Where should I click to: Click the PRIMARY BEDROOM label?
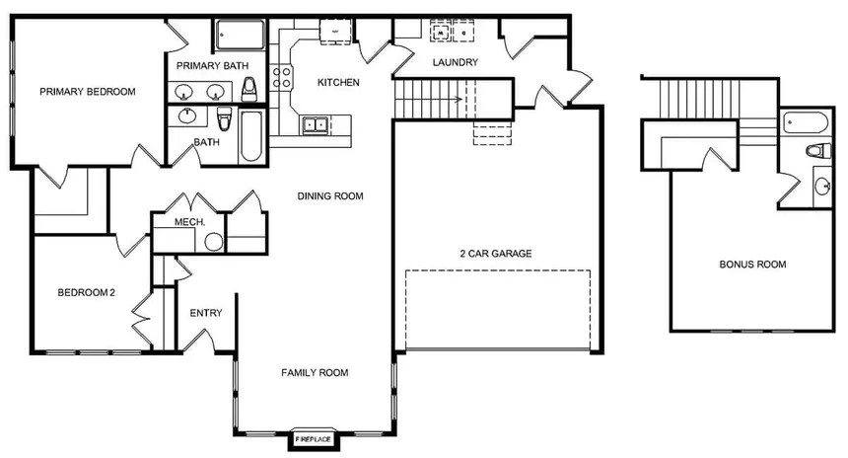pyautogui.click(x=87, y=92)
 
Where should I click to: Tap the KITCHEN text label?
pyautogui.click(x=337, y=82)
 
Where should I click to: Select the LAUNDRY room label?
pyautogui.click(x=455, y=63)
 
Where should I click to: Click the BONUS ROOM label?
pyautogui.click(x=752, y=265)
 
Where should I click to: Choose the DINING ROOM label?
pyautogui.click(x=330, y=196)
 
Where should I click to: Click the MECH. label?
pyautogui.click(x=189, y=222)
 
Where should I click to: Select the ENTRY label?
pyautogui.click(x=206, y=314)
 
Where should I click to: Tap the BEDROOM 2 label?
pyautogui.click(x=87, y=292)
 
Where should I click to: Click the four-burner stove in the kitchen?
pyautogui.click(x=283, y=77)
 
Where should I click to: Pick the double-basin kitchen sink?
pyautogui.click(x=316, y=125)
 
